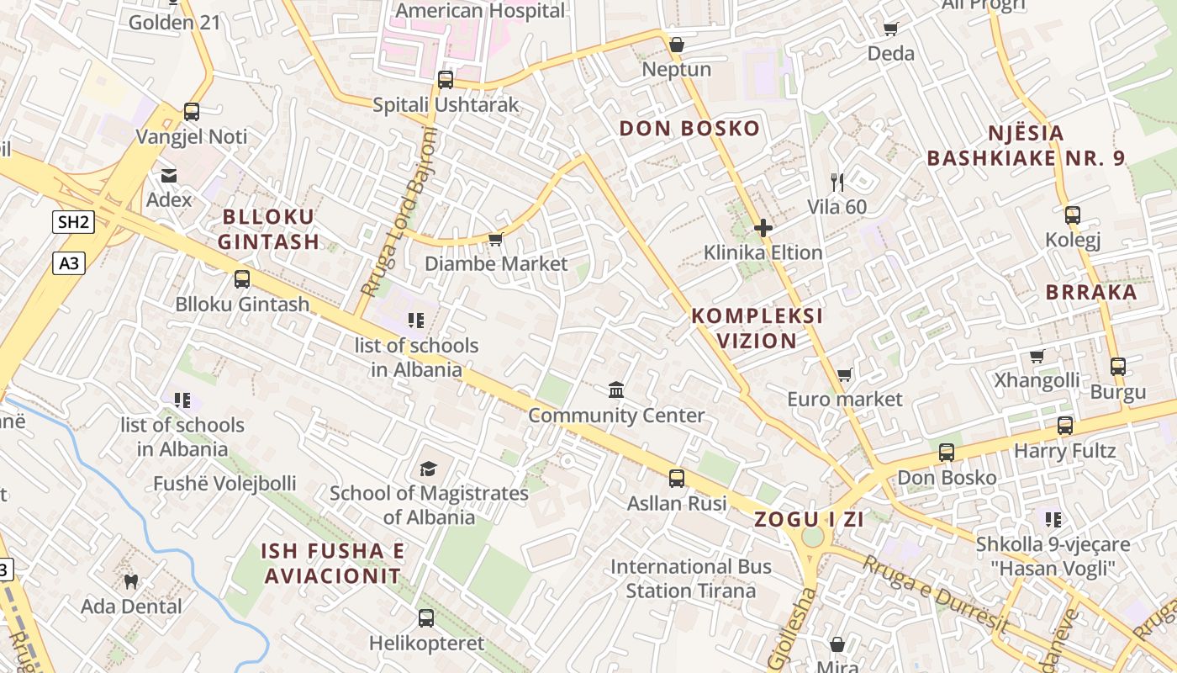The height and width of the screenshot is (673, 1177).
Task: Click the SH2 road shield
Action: click(72, 222)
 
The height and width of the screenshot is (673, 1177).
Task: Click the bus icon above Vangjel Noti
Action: click(192, 112)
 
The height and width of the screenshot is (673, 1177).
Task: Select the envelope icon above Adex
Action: click(169, 175)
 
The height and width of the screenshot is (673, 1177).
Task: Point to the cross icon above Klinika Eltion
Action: click(763, 228)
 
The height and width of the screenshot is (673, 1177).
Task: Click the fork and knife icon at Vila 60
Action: click(837, 182)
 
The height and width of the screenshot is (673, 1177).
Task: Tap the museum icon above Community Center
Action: click(616, 390)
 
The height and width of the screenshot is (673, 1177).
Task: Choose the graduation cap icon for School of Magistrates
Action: click(429, 469)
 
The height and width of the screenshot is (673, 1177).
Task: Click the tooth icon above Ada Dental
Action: click(130, 581)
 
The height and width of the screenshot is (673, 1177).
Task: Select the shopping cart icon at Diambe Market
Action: click(495, 240)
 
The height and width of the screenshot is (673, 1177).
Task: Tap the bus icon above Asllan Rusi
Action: click(677, 479)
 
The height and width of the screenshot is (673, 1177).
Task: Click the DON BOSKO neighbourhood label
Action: click(689, 129)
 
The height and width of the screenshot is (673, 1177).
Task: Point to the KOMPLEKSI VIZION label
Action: click(757, 328)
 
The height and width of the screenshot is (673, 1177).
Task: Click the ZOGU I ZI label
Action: click(809, 519)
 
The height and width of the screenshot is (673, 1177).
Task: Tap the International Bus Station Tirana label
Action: click(691, 579)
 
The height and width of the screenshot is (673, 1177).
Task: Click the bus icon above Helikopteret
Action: click(426, 618)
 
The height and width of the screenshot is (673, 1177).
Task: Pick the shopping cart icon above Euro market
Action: click(844, 374)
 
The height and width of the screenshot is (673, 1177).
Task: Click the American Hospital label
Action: click(480, 11)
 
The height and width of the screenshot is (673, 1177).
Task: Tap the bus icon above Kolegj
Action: click(1072, 215)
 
